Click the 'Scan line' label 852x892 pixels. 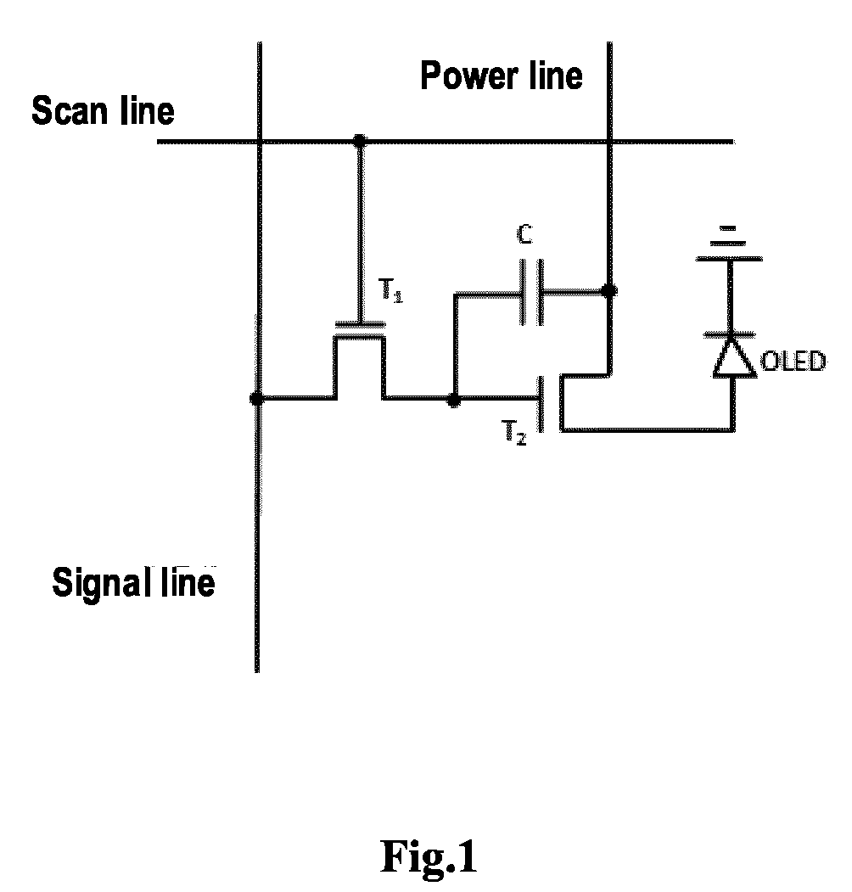click(x=103, y=110)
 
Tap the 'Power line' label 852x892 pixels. click(x=502, y=76)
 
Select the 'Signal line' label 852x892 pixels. click(x=134, y=582)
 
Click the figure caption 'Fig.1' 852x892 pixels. click(x=429, y=856)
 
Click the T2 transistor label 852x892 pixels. click(x=513, y=432)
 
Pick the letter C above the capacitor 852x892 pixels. click(x=525, y=233)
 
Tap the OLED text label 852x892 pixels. click(x=793, y=362)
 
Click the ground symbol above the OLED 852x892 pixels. click(x=729, y=244)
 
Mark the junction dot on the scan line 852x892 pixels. click(x=360, y=140)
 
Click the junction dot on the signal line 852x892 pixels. click(x=257, y=398)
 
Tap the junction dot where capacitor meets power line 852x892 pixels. click(x=609, y=291)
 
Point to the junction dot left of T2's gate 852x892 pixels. click(x=454, y=401)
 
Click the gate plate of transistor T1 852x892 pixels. click(x=360, y=325)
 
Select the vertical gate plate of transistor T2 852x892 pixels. click(x=541, y=404)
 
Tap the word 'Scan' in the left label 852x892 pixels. click(x=71, y=110)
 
